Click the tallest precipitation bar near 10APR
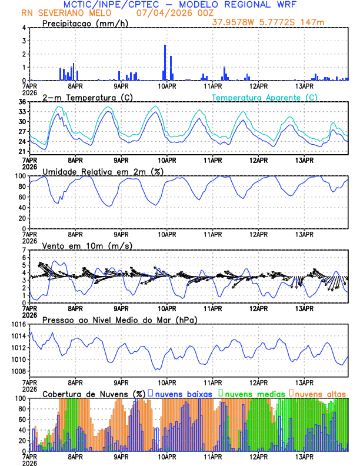(x=165, y=62)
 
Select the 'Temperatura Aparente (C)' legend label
(x=265, y=97)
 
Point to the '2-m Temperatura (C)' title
(x=79, y=97)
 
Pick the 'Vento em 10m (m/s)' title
(x=87, y=245)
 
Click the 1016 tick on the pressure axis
(x=17, y=324)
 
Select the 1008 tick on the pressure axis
(x=17, y=371)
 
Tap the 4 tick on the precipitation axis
(x=23, y=28)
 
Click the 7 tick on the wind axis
(x=23, y=250)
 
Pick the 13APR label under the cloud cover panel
(x=304, y=457)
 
